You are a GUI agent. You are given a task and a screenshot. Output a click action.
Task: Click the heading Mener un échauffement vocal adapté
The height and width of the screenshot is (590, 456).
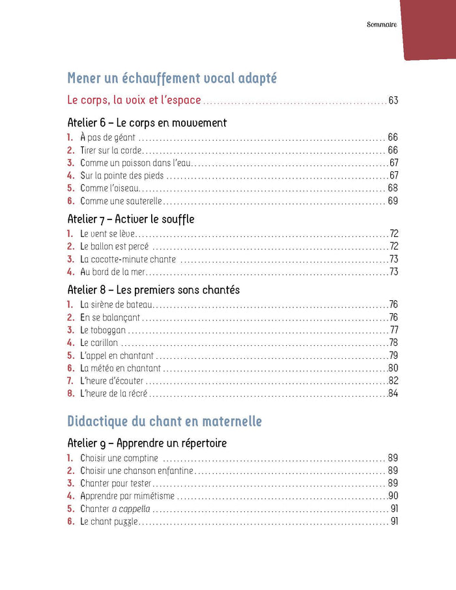pos(172,79)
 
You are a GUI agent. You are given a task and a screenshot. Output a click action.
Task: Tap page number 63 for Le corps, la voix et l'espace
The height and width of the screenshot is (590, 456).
pos(392,101)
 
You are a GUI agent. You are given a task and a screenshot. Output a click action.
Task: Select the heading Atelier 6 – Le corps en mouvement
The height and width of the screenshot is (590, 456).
pos(147,122)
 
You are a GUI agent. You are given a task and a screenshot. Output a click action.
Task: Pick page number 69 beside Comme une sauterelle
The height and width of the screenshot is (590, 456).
pos(392,201)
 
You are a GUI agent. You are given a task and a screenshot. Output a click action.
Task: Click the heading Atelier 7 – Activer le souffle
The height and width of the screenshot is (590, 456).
pos(130,219)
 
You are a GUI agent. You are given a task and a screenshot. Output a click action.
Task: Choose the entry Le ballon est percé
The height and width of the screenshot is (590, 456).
pos(114,247)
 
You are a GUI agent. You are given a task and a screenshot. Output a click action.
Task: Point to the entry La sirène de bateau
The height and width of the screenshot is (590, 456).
pos(115,305)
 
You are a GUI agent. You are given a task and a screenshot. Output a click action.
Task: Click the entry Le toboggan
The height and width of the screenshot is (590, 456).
pos(102,330)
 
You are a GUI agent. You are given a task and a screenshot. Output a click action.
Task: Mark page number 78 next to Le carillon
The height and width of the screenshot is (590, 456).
pos(393,343)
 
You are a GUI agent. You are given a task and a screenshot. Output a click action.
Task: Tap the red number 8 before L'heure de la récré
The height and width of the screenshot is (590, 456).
pos(70,393)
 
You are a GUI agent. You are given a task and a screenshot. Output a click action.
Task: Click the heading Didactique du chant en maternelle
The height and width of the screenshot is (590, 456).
pos(164,421)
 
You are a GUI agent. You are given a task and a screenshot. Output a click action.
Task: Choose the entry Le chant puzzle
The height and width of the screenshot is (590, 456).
pos(109,522)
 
